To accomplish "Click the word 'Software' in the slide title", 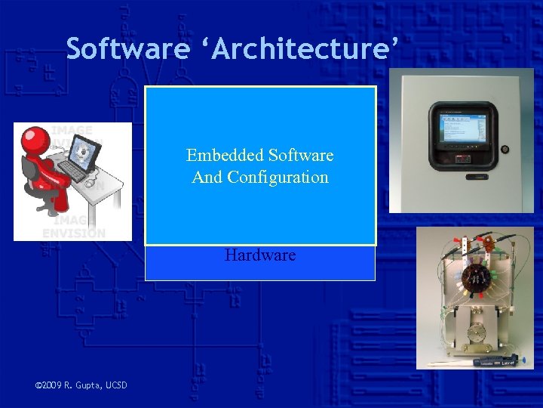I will coord(127,49).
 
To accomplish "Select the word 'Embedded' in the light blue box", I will coord(223,156).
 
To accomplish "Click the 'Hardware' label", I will coord(260,255).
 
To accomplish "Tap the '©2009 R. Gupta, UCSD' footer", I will coord(81,386).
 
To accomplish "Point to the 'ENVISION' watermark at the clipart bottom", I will coord(74,233).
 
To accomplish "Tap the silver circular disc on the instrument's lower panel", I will coord(477,332).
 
